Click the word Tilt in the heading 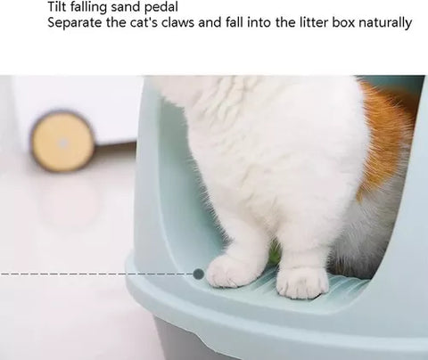pyautogui.click(x=57, y=7)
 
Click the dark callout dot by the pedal pyautogui.click(x=198, y=274)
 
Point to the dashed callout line pyautogui.click(x=96, y=274)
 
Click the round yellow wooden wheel pyautogui.click(x=62, y=141)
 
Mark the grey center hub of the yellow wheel pyautogui.click(x=62, y=144)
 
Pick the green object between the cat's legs pyautogui.click(x=275, y=252)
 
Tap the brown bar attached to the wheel pyautogui.click(x=115, y=147)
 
